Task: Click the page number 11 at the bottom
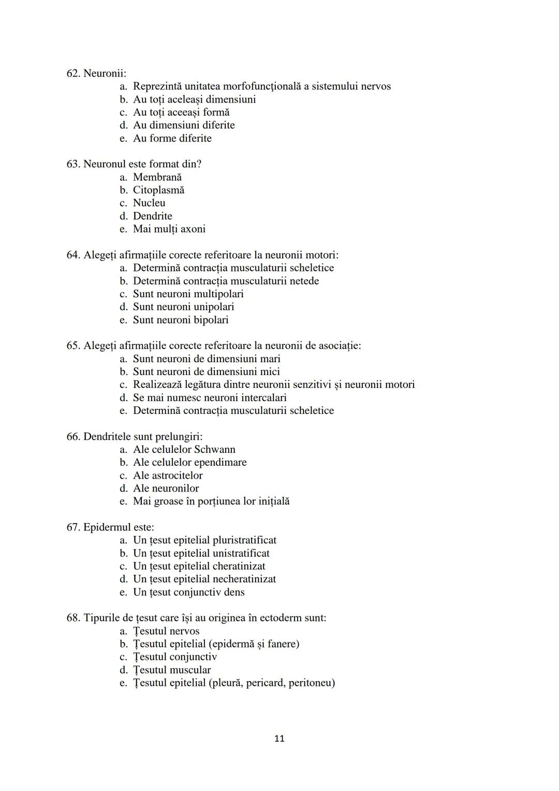coord(279,738)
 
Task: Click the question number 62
coord(73,74)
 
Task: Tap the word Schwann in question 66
coord(214,450)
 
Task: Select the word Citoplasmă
coord(158,190)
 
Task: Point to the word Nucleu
coord(149,203)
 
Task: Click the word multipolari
coord(218,294)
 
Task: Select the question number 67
coord(73,527)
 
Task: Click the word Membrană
coord(157,177)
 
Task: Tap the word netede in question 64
coord(302,281)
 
